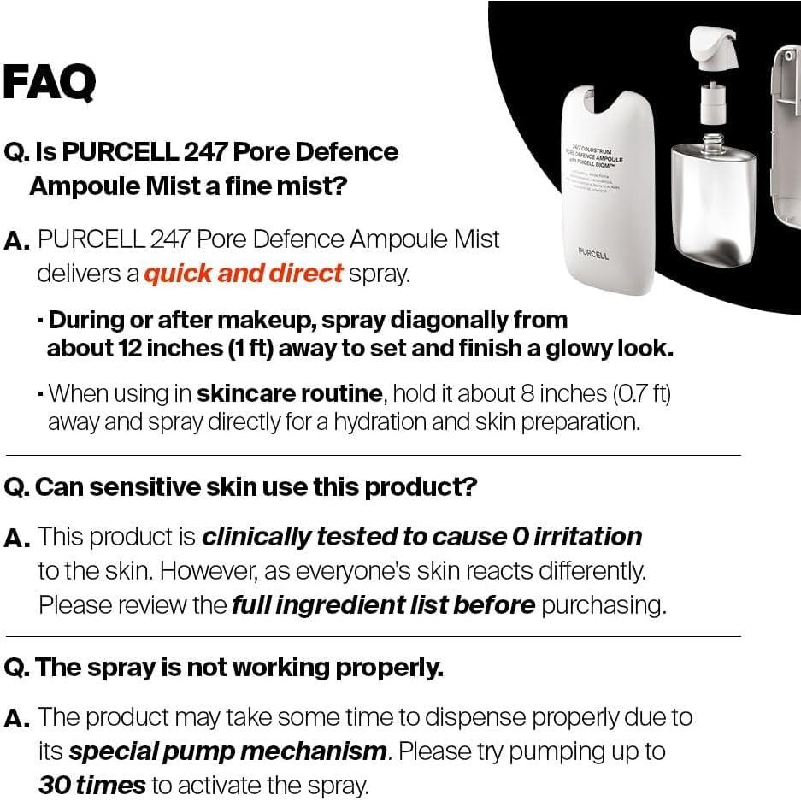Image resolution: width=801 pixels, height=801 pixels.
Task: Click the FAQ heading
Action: click(49, 82)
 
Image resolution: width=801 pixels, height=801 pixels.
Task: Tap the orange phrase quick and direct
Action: click(244, 274)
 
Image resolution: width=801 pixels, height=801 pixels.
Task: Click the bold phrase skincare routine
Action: click(289, 393)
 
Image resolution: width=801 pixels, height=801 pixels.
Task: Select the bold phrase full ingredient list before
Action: click(383, 605)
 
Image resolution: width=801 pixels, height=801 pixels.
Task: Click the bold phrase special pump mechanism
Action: click(227, 751)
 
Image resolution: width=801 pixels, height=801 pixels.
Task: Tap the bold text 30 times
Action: click(91, 785)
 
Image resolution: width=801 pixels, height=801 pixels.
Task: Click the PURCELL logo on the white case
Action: click(594, 255)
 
